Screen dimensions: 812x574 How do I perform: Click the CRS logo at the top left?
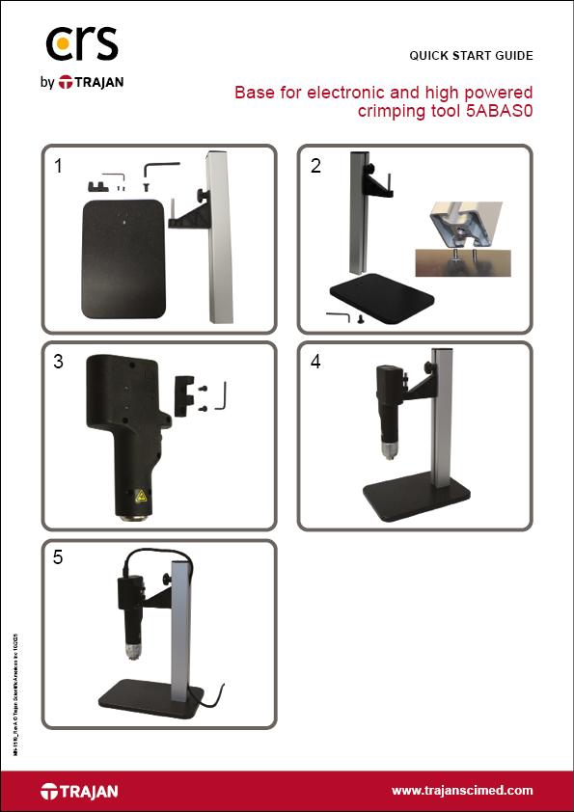point(83,44)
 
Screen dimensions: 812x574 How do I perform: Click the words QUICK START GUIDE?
point(471,55)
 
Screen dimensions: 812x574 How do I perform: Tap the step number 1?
point(59,166)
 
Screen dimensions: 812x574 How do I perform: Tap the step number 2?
point(315,166)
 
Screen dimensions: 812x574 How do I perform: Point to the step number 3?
point(59,363)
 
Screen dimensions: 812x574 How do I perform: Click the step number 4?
point(315,363)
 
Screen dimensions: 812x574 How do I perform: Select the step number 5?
point(59,559)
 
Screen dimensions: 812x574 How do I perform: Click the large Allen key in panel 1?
point(162,170)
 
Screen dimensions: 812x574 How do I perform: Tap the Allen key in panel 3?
point(223,395)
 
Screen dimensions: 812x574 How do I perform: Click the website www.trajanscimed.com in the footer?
point(462,791)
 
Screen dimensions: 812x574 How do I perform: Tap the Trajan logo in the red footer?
point(79,792)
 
